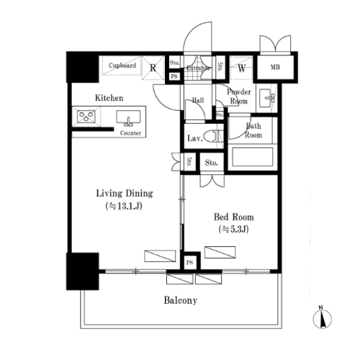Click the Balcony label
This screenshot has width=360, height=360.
(x=181, y=300)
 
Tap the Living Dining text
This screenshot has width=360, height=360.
(x=125, y=194)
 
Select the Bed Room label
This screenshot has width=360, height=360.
(x=234, y=217)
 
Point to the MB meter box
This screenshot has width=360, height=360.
(x=275, y=67)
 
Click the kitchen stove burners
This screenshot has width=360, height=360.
(x=86, y=117)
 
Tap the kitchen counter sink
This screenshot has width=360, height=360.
(x=128, y=117)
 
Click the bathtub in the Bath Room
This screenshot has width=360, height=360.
(x=253, y=157)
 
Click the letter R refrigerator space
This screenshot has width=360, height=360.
(x=153, y=68)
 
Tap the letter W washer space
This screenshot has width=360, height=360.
(x=242, y=69)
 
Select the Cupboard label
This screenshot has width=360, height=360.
(x=122, y=66)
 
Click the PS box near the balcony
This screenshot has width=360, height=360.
(x=190, y=263)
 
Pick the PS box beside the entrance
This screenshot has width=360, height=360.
(x=174, y=76)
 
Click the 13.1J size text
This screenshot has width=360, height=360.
(x=124, y=206)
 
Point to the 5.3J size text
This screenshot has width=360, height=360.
(x=233, y=229)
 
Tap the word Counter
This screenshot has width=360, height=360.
(x=130, y=133)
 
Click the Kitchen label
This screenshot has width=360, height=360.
(x=109, y=98)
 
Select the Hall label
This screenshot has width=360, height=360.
(x=198, y=100)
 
